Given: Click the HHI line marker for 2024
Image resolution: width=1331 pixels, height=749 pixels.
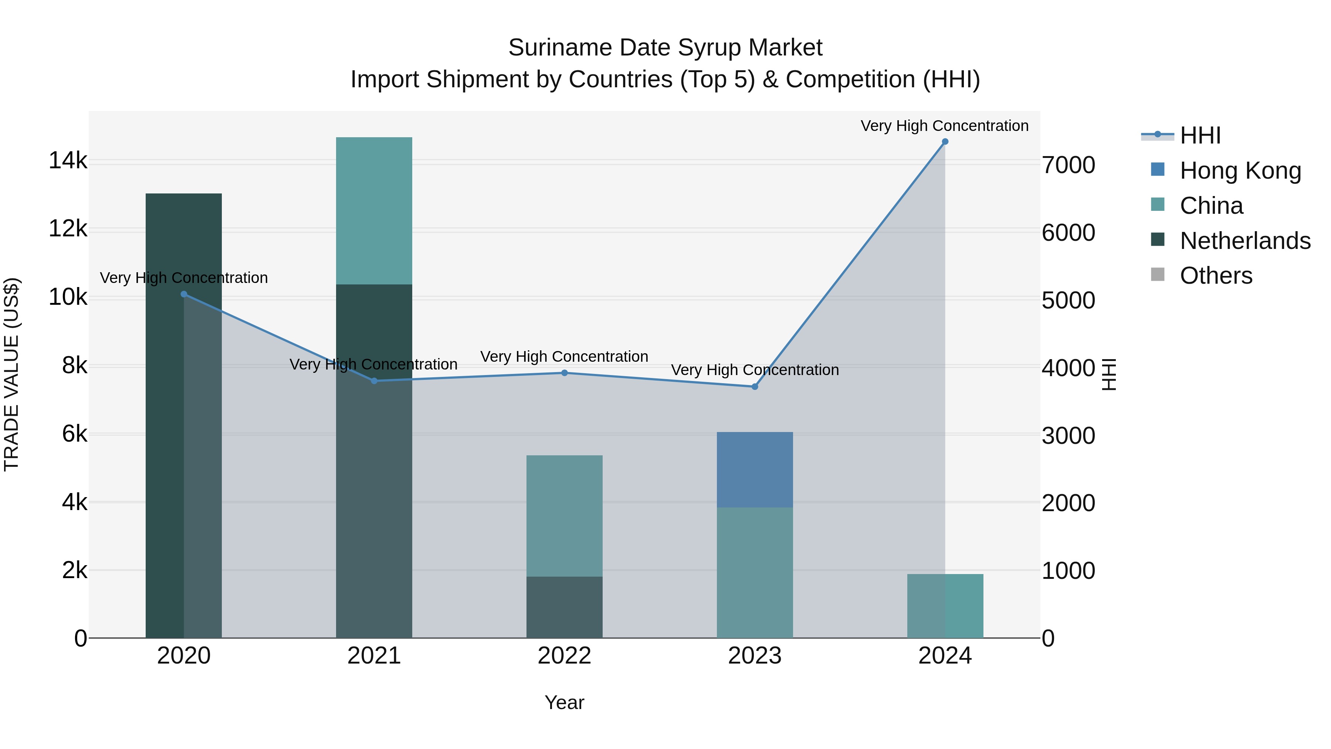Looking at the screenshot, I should tap(945, 142).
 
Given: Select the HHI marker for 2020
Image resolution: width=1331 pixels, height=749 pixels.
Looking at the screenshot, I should tap(184, 294).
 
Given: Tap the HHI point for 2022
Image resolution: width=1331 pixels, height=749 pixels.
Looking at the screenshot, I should tap(564, 373).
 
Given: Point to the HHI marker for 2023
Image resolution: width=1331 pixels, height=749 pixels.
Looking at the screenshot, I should tap(755, 387).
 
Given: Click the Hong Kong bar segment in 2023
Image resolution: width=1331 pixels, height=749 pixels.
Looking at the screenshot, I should tap(755, 469).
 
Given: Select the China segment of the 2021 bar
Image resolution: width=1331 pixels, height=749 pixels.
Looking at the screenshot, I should tap(374, 210).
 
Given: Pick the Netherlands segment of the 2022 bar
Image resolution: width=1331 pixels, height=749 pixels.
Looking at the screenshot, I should tap(564, 607).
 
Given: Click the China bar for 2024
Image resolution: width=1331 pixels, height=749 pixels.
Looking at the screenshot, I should tap(945, 606).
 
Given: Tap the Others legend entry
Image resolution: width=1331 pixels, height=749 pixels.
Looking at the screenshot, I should tap(1216, 276).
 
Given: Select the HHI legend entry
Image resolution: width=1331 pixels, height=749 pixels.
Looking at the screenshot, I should tap(1200, 135).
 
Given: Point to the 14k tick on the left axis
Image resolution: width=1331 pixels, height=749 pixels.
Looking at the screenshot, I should tap(68, 161).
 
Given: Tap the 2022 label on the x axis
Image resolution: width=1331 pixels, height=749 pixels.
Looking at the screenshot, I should tap(564, 656).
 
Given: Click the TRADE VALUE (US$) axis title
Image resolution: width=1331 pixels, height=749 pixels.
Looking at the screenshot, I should tap(12, 374).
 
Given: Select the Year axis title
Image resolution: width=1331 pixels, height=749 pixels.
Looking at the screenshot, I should tap(564, 702).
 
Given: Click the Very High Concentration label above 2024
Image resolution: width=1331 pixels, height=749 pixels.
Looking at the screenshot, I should tap(945, 126).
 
